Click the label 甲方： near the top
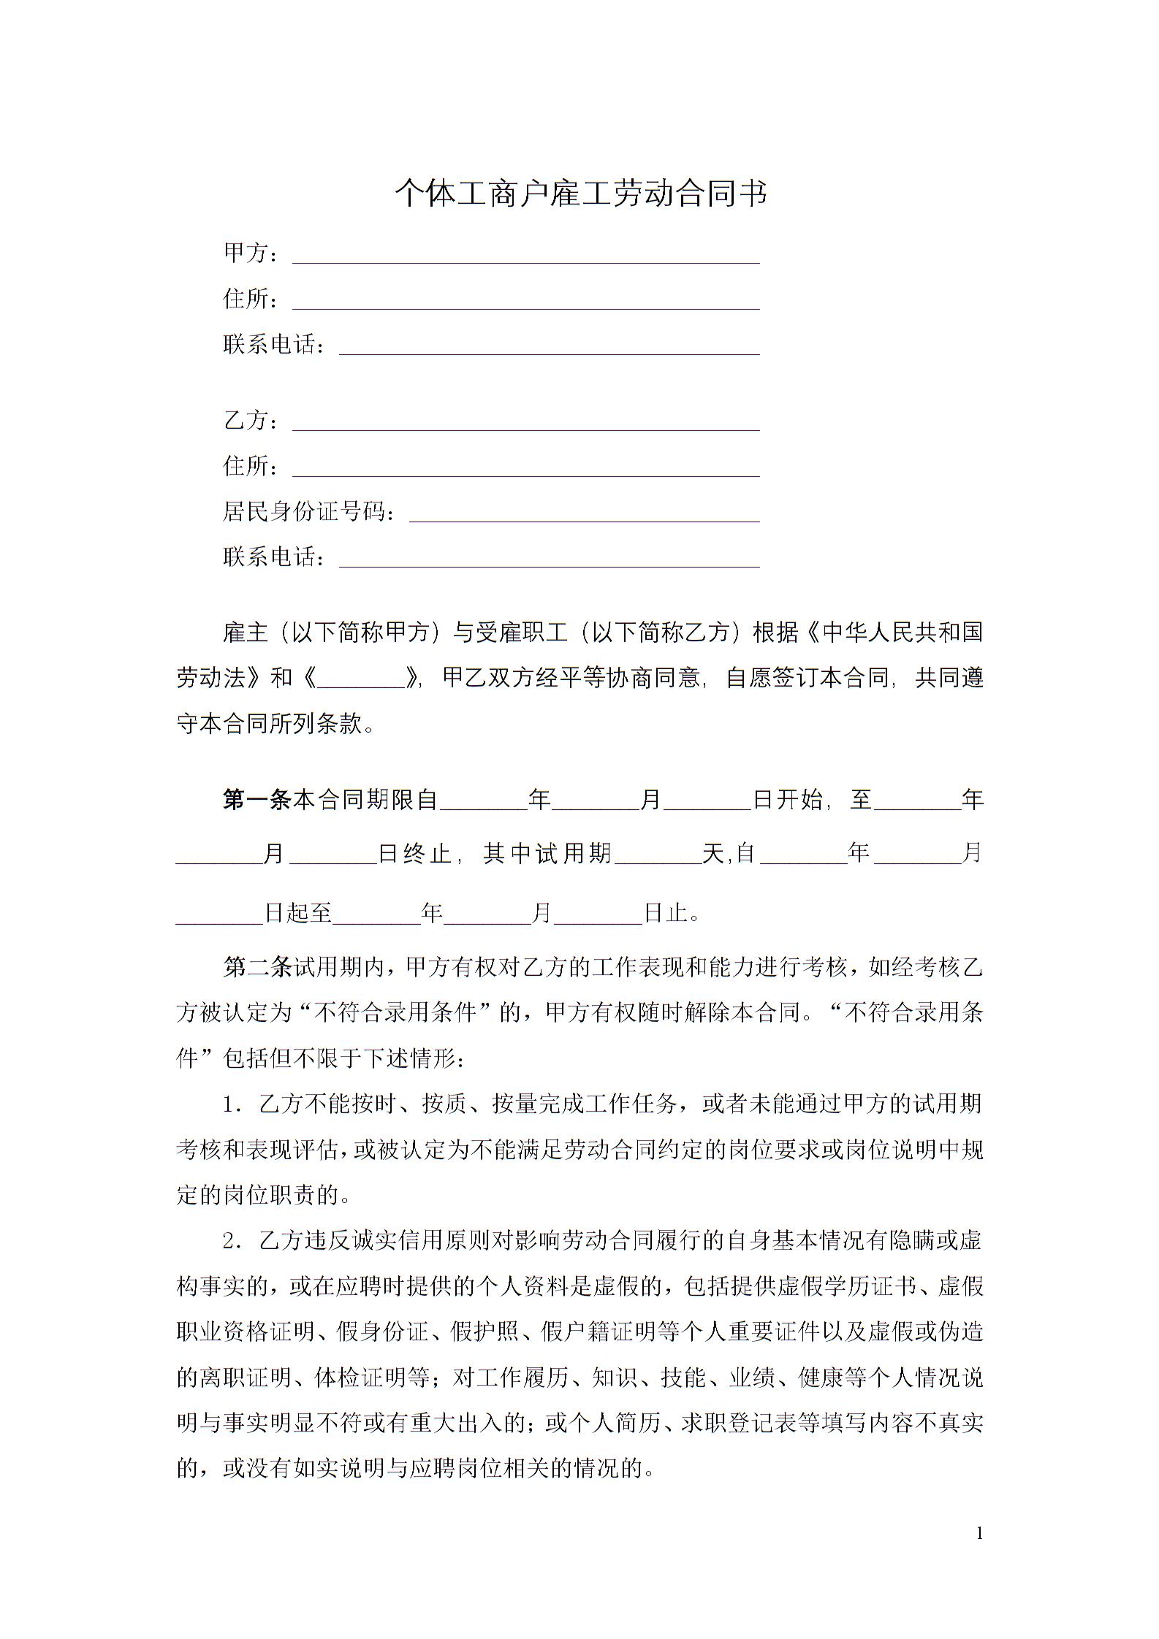click(x=250, y=253)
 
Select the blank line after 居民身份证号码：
click(x=584, y=513)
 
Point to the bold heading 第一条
click(x=257, y=801)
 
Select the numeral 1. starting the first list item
click(x=233, y=1105)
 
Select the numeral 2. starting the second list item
click(x=233, y=1241)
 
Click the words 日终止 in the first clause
click(x=414, y=853)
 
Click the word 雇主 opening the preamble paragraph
click(x=246, y=633)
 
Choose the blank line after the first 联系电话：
click(x=549, y=346)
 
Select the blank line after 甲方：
click(x=525, y=255)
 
